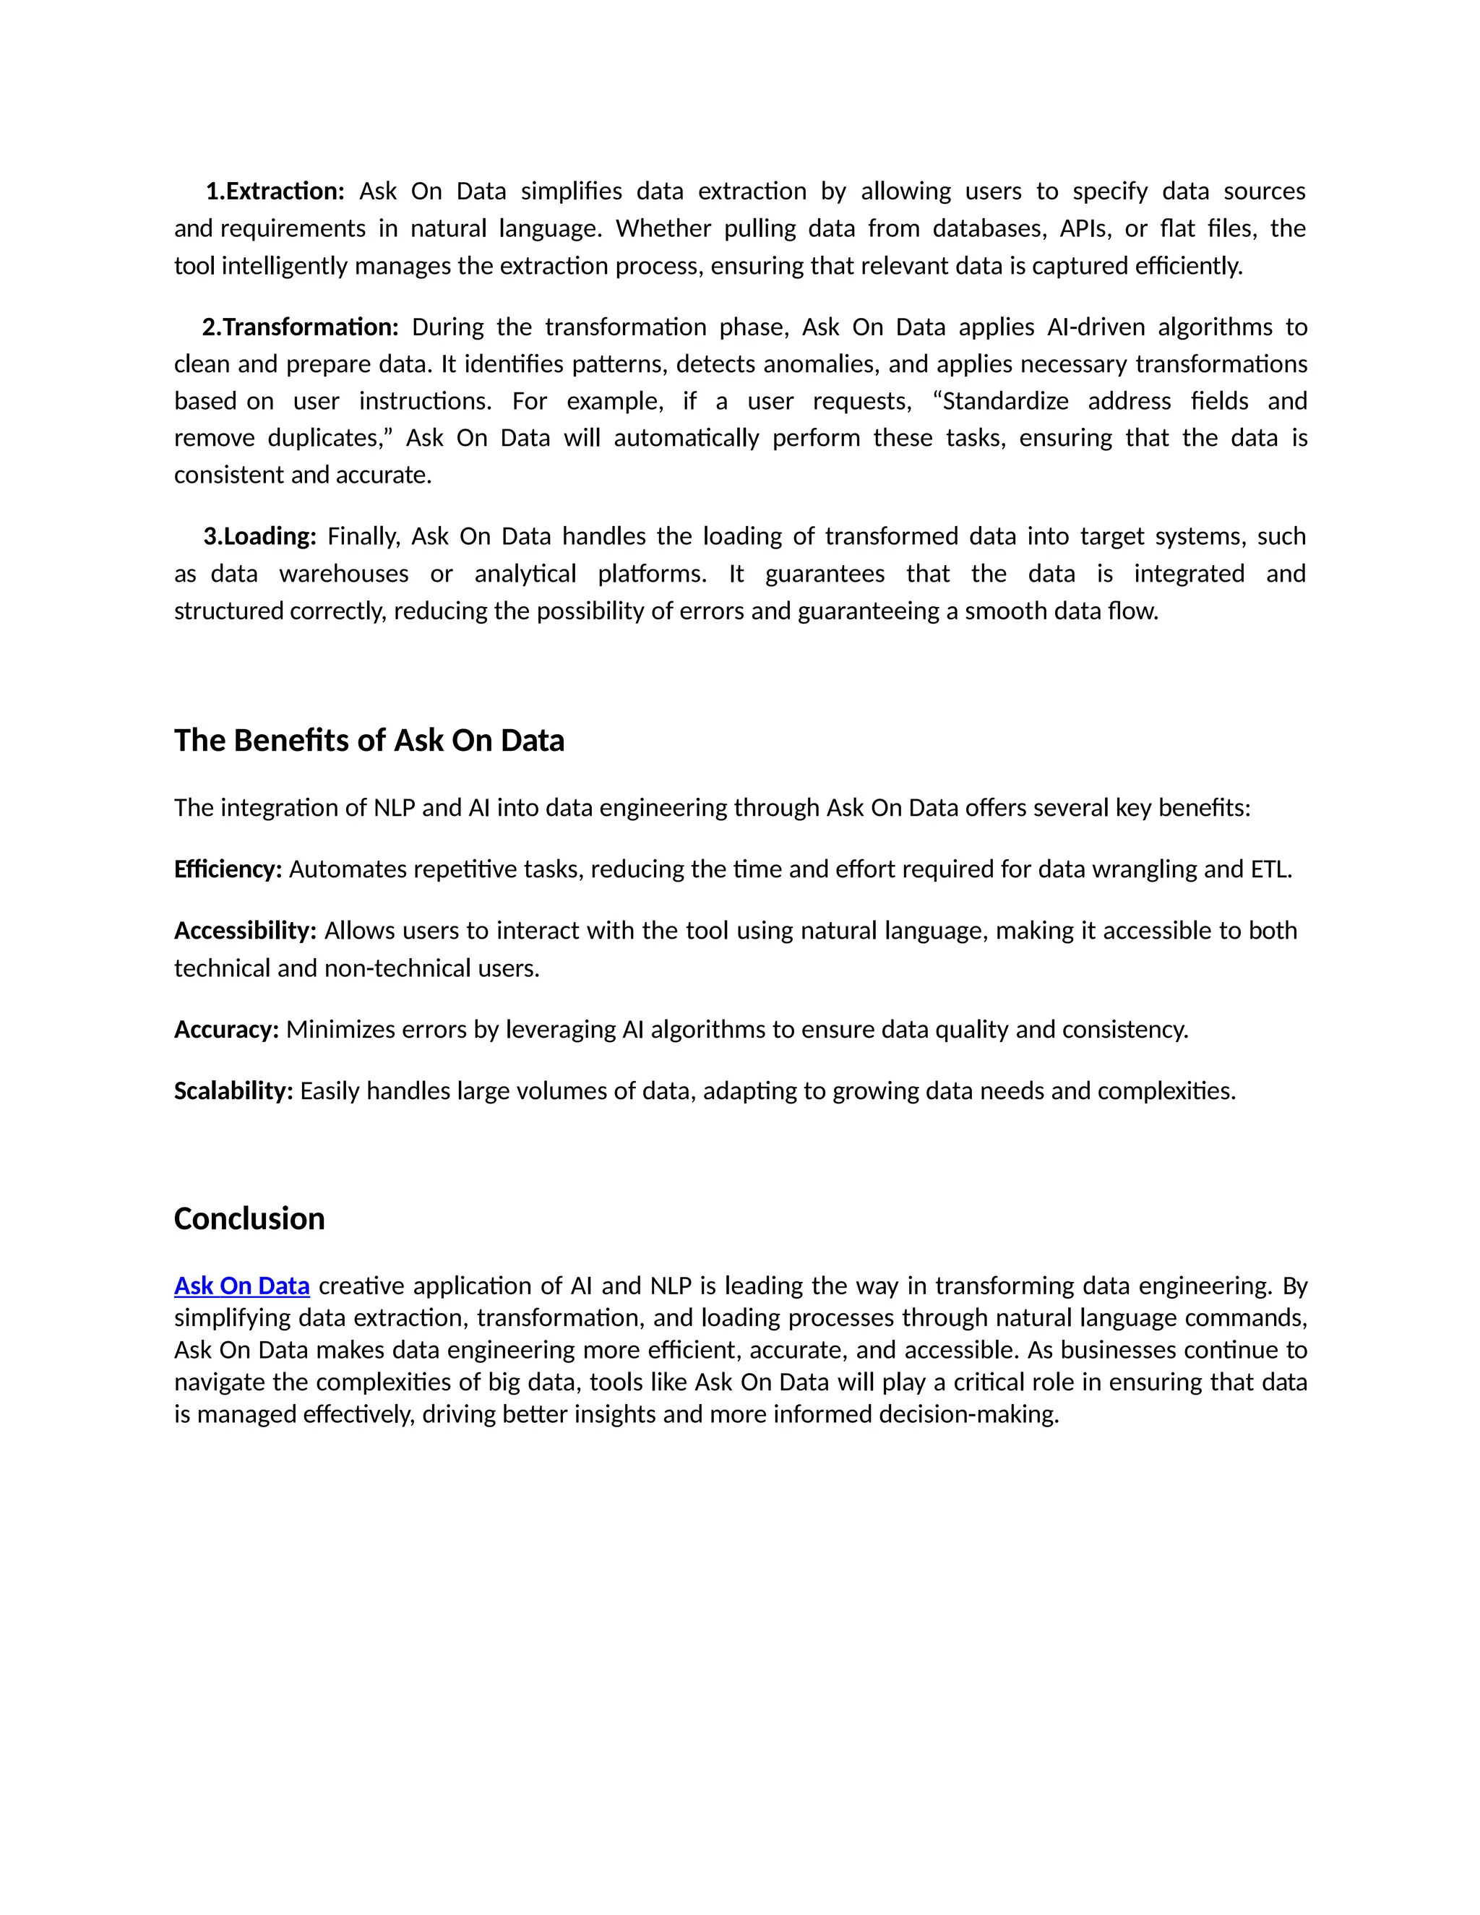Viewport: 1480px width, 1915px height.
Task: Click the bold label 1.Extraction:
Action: pos(275,191)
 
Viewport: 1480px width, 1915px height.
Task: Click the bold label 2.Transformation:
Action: pos(300,327)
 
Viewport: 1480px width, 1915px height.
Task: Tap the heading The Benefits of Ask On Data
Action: pos(369,740)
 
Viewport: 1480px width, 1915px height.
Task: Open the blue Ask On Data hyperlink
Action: pos(242,1286)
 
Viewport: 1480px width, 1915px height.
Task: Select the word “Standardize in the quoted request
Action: pos(1000,402)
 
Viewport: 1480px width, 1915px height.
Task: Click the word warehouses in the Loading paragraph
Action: pos(344,574)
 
